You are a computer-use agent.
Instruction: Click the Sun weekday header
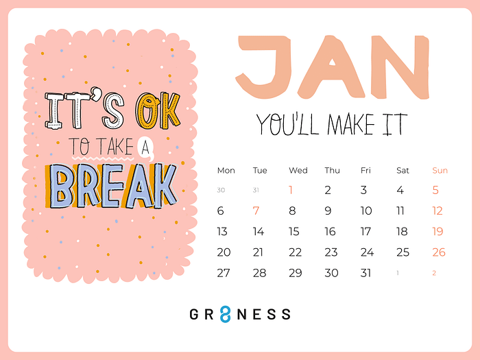pos(440,171)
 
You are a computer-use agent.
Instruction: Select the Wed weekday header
pos(298,171)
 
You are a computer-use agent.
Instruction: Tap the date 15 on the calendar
pos(294,232)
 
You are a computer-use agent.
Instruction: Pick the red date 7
pos(256,211)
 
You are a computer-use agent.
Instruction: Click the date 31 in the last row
pos(365,273)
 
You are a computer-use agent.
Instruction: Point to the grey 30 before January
pos(221,190)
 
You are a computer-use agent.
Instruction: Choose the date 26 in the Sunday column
pos(439,252)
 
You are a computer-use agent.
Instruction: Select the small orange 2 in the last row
pos(434,273)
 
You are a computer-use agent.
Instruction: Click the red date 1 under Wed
pos(291,190)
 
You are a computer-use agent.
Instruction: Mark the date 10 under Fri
pos(366,211)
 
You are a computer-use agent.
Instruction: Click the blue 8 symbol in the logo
pos(225,314)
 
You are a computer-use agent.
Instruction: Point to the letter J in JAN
pos(263,67)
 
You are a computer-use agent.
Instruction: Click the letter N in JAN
pos(400,67)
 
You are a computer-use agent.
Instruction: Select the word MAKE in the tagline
pos(351,124)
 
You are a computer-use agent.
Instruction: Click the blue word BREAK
pos(112,186)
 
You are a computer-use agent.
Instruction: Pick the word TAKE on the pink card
pos(116,147)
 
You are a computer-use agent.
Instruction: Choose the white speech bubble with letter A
pos(145,147)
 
